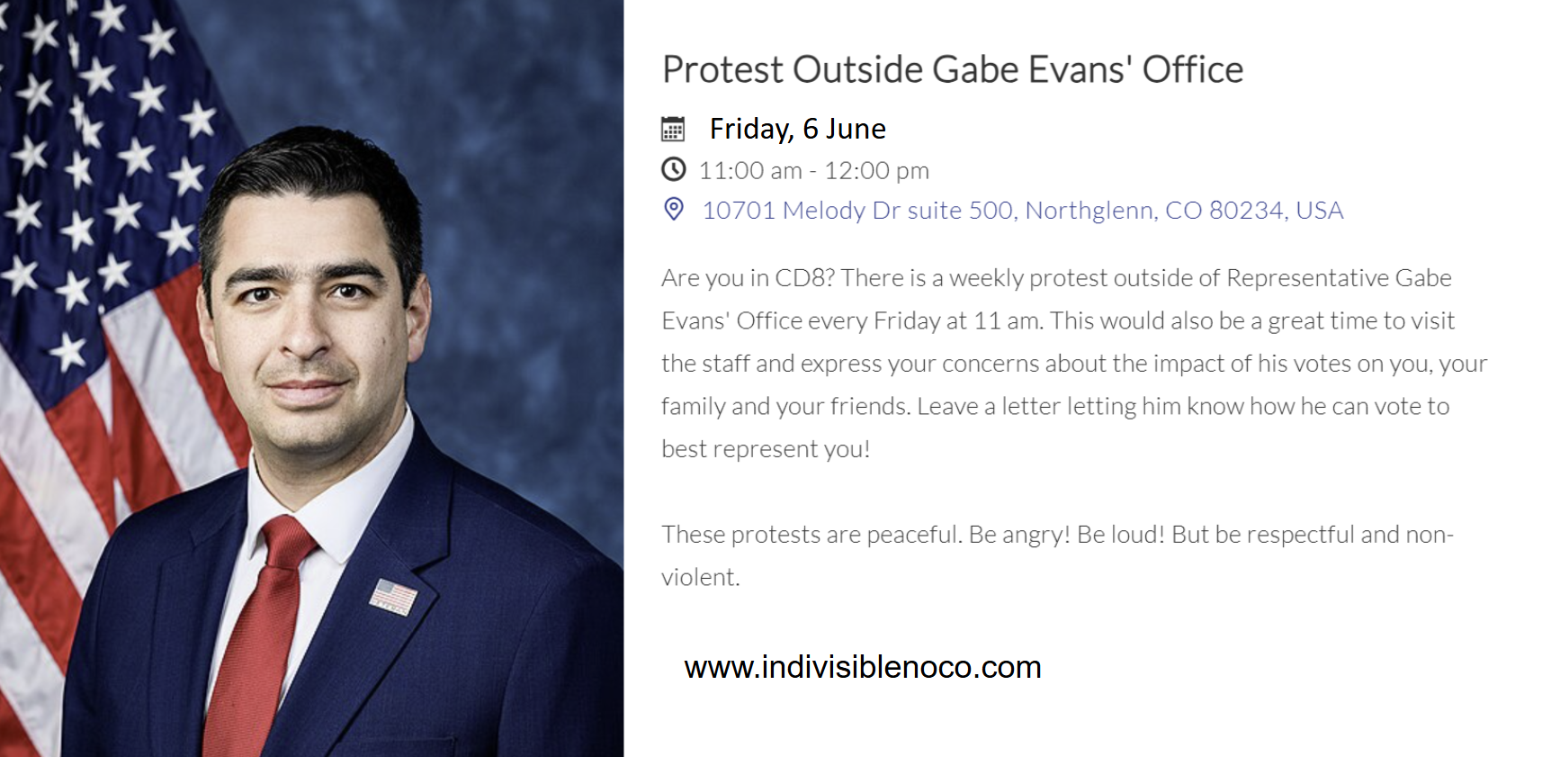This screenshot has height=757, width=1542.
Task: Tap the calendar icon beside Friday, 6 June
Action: [x=673, y=129]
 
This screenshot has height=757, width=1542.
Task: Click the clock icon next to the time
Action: [x=673, y=169]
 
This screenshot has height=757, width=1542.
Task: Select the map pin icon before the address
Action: [x=674, y=210]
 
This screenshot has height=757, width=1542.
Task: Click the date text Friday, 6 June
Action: [x=798, y=130]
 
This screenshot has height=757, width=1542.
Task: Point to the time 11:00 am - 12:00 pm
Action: [x=814, y=170]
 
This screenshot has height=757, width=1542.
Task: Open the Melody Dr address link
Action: [x=1023, y=210]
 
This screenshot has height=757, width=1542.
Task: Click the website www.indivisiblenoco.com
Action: [x=863, y=668]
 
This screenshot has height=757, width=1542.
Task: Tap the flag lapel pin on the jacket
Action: [x=393, y=597]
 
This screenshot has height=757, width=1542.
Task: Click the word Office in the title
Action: [x=1193, y=69]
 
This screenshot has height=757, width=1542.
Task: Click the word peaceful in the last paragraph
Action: [x=916, y=536]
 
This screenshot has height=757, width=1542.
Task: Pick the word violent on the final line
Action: [x=698, y=577]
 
